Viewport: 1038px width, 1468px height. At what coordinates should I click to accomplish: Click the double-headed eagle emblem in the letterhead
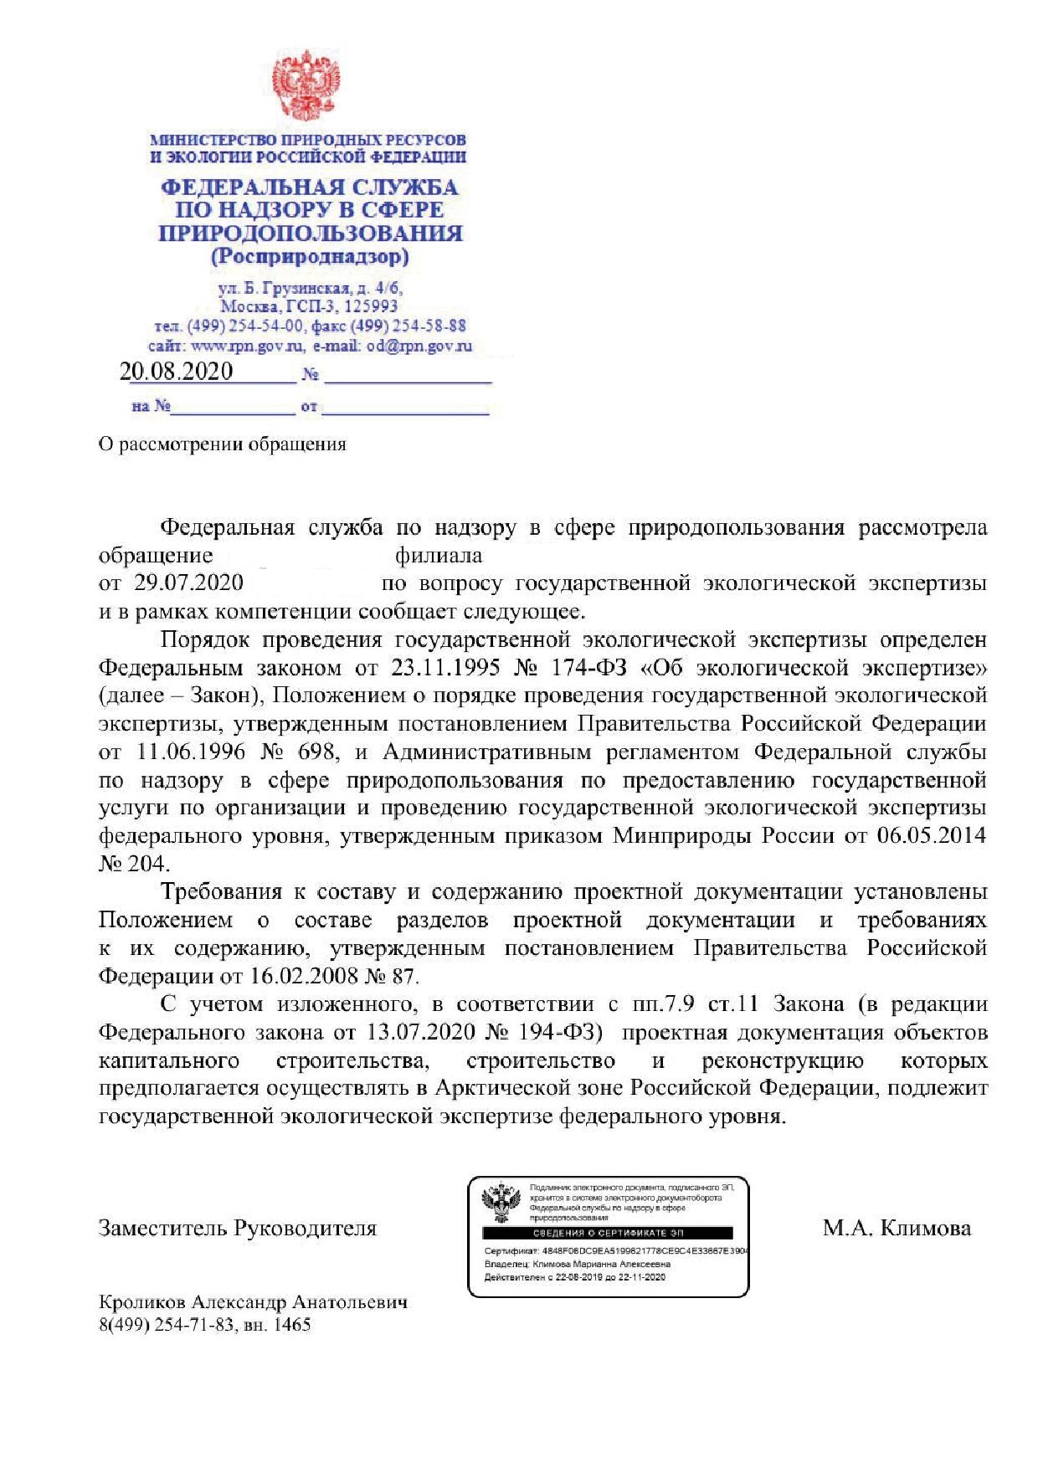311,86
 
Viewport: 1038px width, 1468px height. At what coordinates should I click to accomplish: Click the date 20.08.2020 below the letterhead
176,372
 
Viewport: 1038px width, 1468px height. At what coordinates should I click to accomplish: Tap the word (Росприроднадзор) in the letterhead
310,256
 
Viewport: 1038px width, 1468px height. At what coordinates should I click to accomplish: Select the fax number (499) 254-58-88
408,326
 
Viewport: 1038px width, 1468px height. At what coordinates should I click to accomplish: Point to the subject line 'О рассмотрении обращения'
222,444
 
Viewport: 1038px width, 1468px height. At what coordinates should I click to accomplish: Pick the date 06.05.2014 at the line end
931,835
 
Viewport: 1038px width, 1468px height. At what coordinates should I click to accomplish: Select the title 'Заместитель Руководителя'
238,1229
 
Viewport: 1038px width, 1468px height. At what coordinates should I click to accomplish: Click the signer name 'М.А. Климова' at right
897,1229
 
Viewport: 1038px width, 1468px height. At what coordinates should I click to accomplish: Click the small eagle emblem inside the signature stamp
502,1204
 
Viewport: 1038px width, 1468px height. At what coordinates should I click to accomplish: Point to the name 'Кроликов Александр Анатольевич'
253,1303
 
